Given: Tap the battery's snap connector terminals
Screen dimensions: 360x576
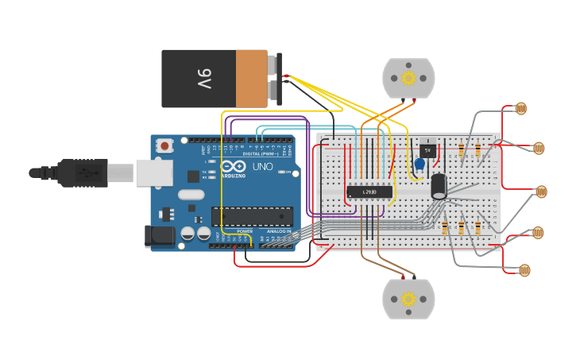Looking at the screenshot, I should pyautogui.click(x=276, y=79).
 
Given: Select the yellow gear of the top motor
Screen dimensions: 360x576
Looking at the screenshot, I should pyautogui.click(x=408, y=78).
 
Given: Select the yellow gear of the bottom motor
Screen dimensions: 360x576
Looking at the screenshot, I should pyautogui.click(x=408, y=300).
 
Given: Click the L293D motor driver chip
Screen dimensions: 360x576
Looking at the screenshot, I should pyautogui.click(x=370, y=191).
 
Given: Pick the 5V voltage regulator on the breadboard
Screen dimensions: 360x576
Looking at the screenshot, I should pyautogui.click(x=427, y=149).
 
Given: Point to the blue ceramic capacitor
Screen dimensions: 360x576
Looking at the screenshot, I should pyautogui.click(x=419, y=165).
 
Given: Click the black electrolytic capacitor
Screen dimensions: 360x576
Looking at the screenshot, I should pyautogui.click(x=439, y=186).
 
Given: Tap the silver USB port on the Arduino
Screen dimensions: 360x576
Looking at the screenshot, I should pyautogui.click(x=153, y=172).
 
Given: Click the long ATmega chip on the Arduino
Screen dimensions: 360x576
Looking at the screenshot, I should pyautogui.click(x=252, y=216).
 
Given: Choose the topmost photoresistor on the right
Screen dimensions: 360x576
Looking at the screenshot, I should pyautogui.click(x=521, y=109).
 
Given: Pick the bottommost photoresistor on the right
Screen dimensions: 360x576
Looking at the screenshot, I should pyautogui.click(x=524, y=271).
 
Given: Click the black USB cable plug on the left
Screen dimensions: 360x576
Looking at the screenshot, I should pyautogui.click(x=79, y=172).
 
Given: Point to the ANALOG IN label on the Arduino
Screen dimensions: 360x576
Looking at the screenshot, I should pyautogui.click(x=277, y=231).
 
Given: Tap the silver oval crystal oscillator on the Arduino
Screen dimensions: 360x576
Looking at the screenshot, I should pyautogui.click(x=191, y=194).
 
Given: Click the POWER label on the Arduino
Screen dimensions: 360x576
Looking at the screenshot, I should pyautogui.click(x=245, y=231).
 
